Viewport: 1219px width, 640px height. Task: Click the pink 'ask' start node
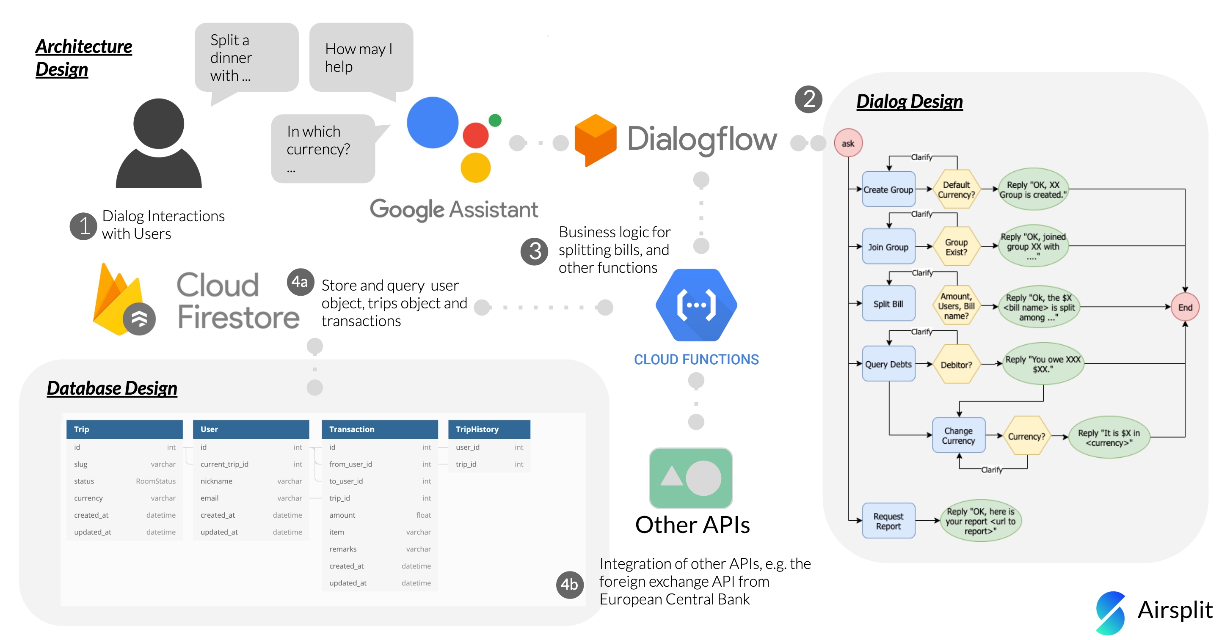(x=848, y=143)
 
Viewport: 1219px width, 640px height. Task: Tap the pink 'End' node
(x=1185, y=308)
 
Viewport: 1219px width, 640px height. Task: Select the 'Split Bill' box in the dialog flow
(x=888, y=304)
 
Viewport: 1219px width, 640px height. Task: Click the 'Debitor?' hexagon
(x=956, y=365)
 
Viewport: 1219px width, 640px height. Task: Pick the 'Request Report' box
(x=888, y=521)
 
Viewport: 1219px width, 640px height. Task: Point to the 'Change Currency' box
(x=958, y=436)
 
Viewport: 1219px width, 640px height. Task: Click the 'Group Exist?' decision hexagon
(x=956, y=247)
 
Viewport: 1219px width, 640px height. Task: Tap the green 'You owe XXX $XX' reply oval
(x=1043, y=364)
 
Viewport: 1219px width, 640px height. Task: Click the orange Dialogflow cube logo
(x=595, y=140)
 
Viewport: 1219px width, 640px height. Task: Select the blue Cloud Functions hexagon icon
(x=696, y=305)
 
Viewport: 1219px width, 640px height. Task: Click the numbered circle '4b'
(x=569, y=585)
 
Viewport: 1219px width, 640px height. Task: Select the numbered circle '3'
(x=534, y=251)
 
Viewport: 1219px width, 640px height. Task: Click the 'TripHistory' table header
(x=489, y=429)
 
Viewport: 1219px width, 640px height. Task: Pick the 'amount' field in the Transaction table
(x=342, y=515)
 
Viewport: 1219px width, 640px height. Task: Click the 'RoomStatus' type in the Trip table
(x=156, y=481)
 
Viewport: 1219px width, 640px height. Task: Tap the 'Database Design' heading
(x=112, y=388)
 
